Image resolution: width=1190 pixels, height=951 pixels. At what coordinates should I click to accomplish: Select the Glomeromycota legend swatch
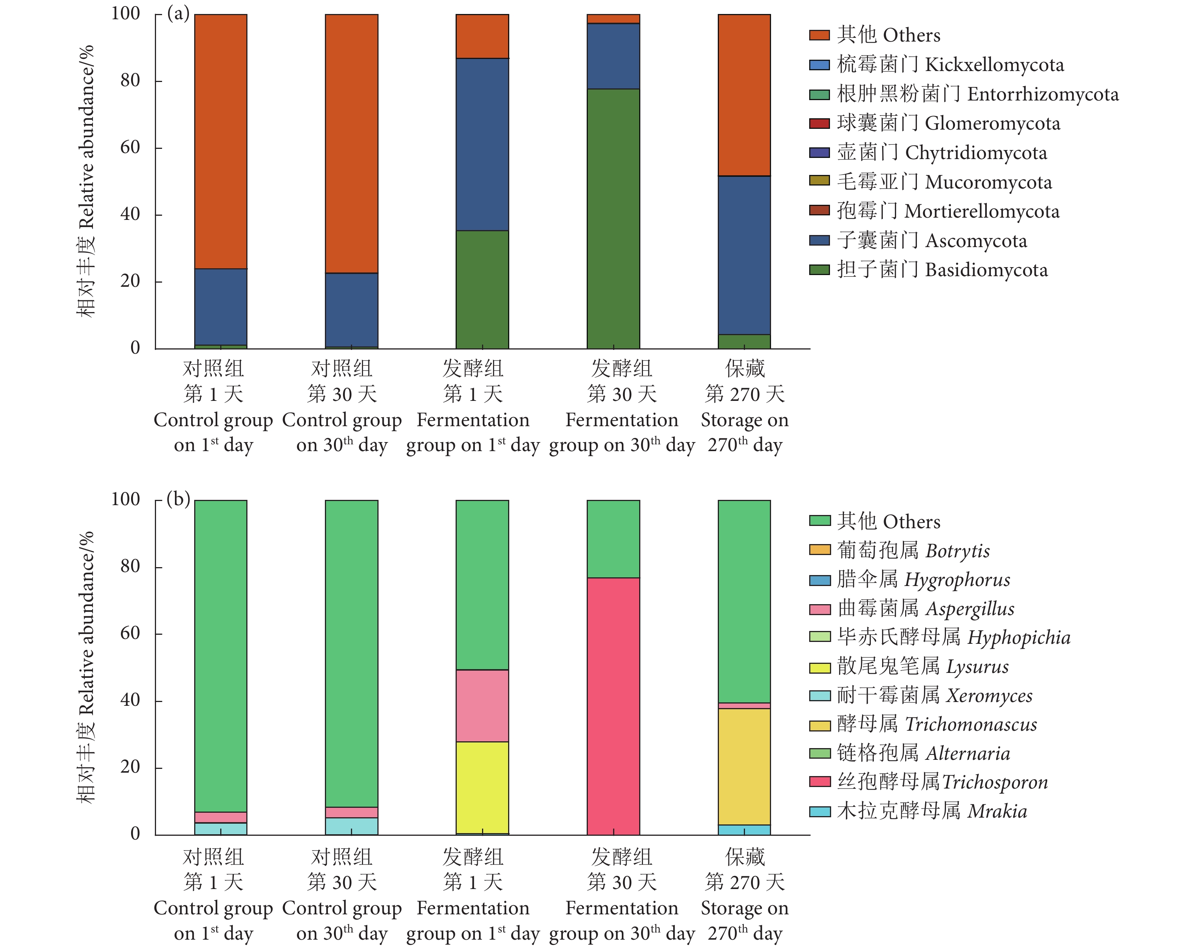819,123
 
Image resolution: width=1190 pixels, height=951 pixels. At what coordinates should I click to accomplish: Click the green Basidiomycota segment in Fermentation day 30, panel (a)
613,218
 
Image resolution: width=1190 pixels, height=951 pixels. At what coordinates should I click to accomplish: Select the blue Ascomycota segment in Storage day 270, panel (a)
744,255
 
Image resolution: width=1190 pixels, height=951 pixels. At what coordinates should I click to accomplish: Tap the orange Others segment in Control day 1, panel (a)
221,141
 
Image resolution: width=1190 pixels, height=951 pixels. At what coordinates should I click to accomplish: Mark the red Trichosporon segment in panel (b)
613,706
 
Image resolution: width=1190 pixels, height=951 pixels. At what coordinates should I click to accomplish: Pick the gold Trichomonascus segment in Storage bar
744,767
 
